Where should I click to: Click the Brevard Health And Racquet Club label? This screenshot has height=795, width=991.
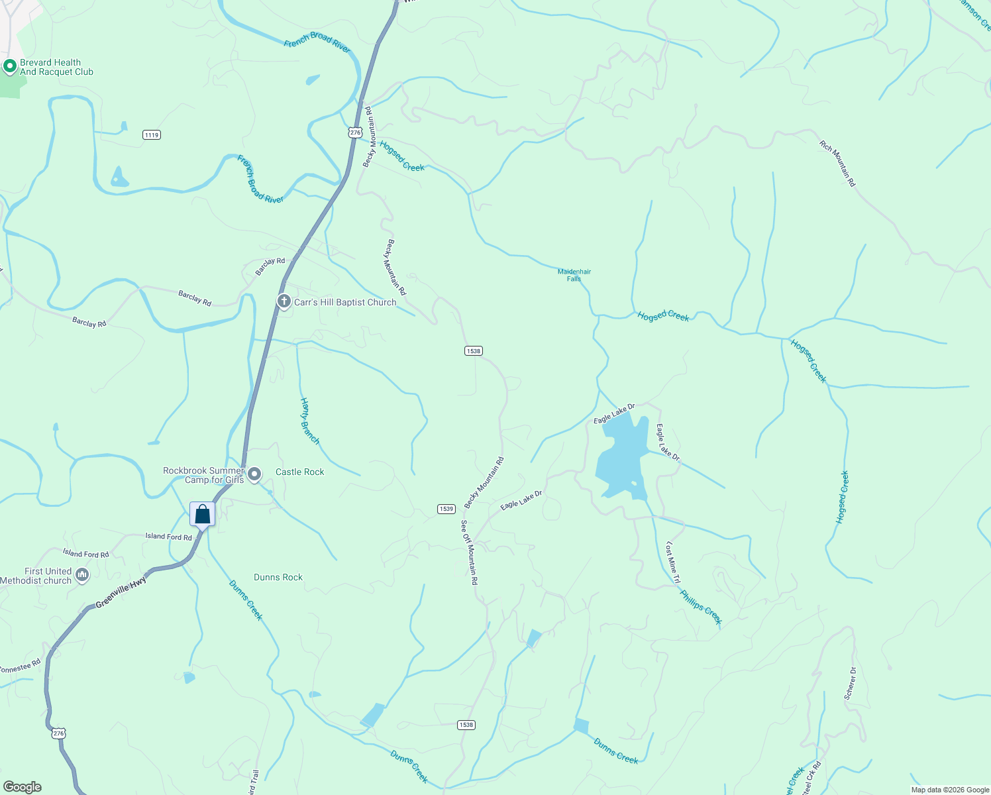56,67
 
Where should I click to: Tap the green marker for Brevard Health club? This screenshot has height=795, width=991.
9,66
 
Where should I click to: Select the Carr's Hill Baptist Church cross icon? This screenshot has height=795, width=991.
284,302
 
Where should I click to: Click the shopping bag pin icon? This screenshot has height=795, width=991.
202,515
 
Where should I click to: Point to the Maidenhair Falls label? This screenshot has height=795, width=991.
574,275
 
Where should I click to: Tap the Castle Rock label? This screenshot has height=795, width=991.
299,472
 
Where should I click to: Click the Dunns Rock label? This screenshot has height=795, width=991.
278,577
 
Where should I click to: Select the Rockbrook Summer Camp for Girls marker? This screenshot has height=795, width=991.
254,474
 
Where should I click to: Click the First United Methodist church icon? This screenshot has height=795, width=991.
82,575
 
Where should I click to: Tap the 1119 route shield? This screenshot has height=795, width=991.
152,134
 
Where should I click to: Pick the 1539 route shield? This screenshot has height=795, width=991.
446,509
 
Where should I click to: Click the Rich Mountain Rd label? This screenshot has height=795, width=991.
837,163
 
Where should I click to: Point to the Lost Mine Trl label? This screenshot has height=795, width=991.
672,562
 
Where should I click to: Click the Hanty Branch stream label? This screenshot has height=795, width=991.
309,421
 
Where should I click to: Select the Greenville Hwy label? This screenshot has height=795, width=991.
121,593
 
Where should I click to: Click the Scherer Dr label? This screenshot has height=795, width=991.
851,683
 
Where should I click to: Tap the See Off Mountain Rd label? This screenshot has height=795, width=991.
469,552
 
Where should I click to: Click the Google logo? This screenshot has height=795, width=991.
23,786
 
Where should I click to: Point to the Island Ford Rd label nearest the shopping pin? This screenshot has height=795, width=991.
168,537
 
